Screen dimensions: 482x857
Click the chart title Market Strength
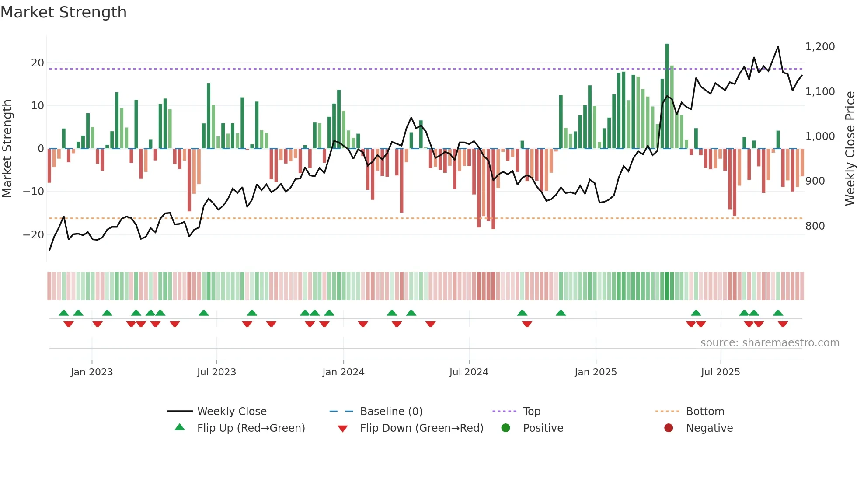tap(63, 12)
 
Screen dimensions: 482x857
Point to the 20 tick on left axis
tap(38, 63)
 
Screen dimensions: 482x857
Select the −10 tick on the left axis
tap(34, 192)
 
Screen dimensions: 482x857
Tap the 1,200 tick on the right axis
tap(820, 47)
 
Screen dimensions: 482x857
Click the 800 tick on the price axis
tap(815, 226)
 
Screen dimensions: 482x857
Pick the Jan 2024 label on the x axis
tap(343, 372)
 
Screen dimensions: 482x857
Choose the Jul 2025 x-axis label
tap(720, 372)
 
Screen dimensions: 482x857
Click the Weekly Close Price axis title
tap(850, 149)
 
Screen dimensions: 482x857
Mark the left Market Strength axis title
tap(7, 149)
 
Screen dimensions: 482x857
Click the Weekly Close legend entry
tap(231, 412)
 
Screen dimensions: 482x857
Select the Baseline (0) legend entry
tap(391, 412)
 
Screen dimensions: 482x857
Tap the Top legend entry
tap(531, 412)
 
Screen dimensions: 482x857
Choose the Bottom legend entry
tap(705, 412)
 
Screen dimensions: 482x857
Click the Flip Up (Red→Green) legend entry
tap(251, 428)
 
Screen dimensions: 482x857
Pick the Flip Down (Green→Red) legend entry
tap(422, 428)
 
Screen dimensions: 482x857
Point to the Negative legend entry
tap(709, 428)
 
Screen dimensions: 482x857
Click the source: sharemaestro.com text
tap(770, 343)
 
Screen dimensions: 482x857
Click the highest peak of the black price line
tap(778, 47)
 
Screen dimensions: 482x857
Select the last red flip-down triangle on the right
tap(783, 324)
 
